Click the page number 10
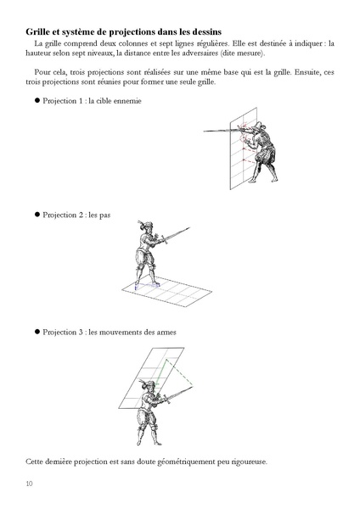(x=29, y=484)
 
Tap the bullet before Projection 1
(x=37, y=100)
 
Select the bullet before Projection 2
(x=37, y=215)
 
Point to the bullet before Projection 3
(x=37, y=332)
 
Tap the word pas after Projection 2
(x=104, y=215)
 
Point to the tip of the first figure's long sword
(x=204, y=131)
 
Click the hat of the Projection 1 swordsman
(x=258, y=126)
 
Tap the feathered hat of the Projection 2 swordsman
(x=145, y=224)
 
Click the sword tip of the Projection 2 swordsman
(x=189, y=227)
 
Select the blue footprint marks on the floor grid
(x=147, y=285)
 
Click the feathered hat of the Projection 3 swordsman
(x=147, y=383)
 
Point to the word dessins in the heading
(x=208, y=32)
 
